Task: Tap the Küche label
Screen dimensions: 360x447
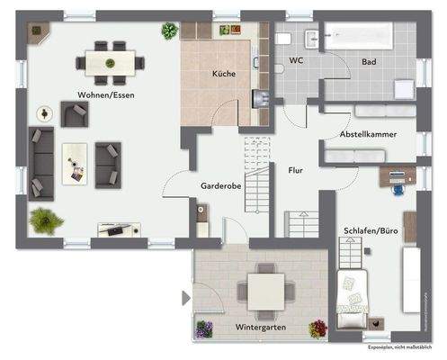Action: (225, 75)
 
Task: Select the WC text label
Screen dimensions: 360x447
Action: (296, 61)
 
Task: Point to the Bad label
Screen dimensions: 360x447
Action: (369, 61)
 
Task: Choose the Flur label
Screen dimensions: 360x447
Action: (295, 168)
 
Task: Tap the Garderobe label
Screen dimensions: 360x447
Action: (219, 186)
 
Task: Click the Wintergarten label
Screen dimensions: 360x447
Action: (260, 327)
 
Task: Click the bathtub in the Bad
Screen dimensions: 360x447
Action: (359, 37)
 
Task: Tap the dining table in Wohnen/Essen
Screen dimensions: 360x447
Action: (111, 61)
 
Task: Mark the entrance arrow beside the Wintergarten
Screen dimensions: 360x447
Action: (185, 298)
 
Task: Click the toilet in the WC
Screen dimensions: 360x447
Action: (282, 38)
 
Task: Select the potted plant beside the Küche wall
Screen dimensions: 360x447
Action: (170, 30)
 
